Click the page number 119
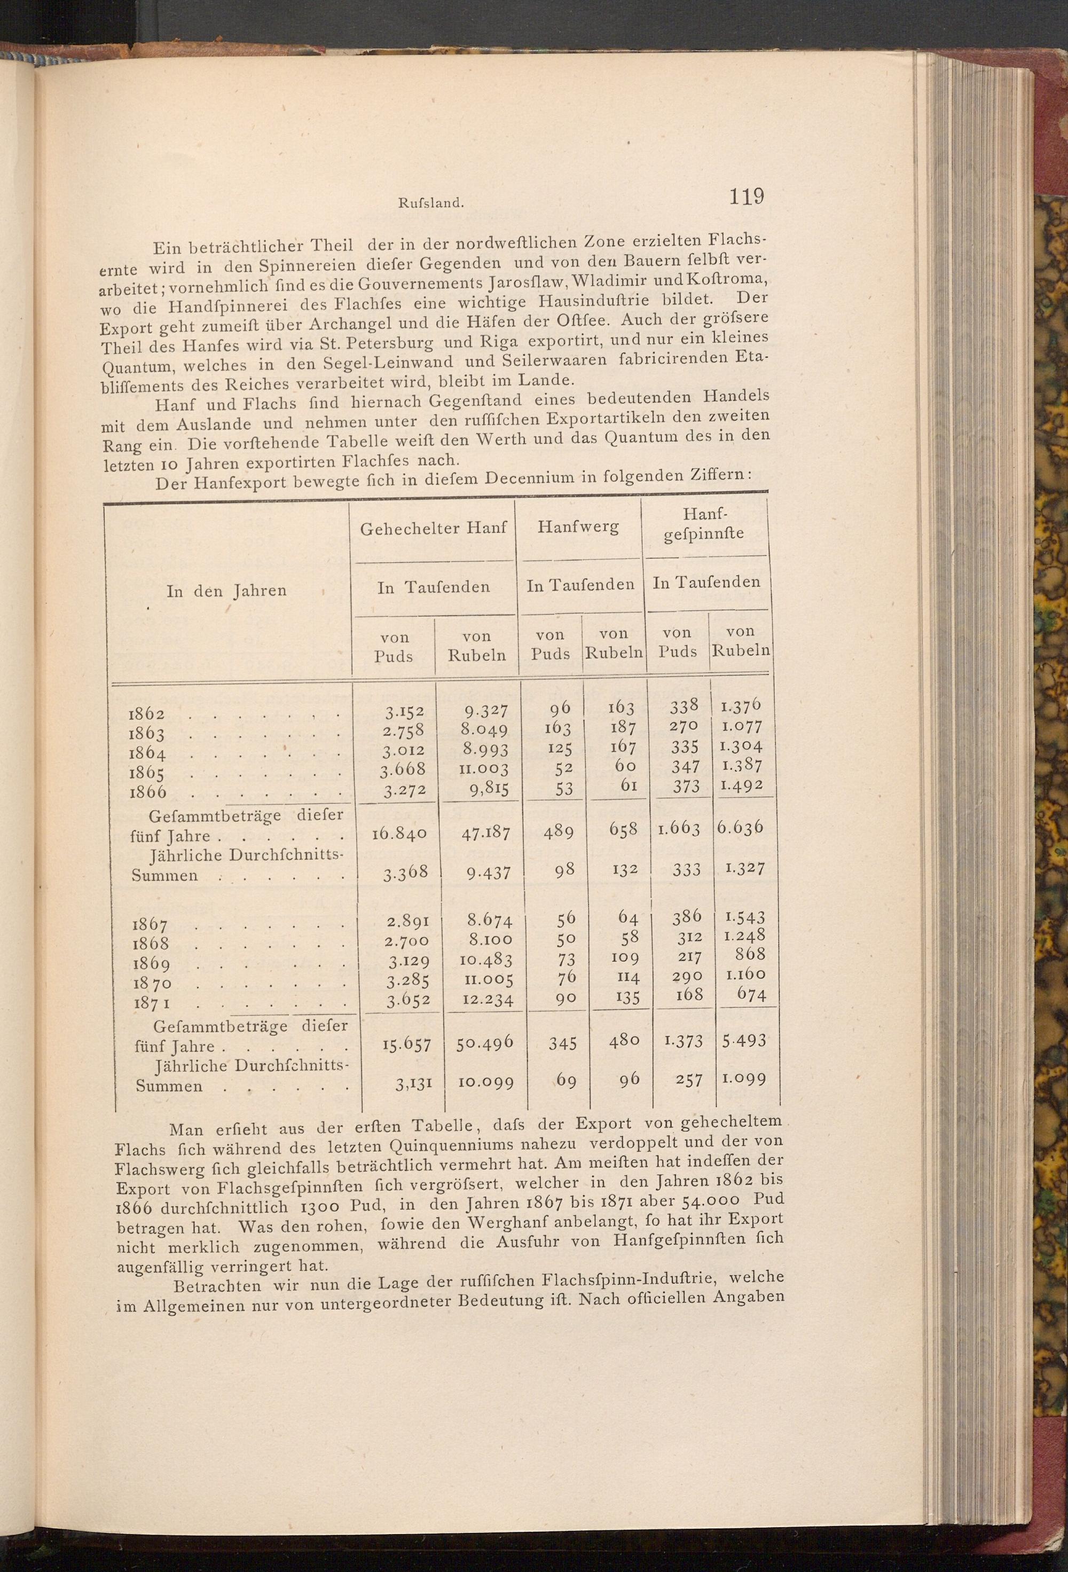click(x=746, y=197)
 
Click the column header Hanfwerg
click(x=578, y=527)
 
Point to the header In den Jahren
click(x=226, y=591)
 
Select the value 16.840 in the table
click(x=399, y=834)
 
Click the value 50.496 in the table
click(x=484, y=1044)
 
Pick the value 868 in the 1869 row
click(x=751, y=954)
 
